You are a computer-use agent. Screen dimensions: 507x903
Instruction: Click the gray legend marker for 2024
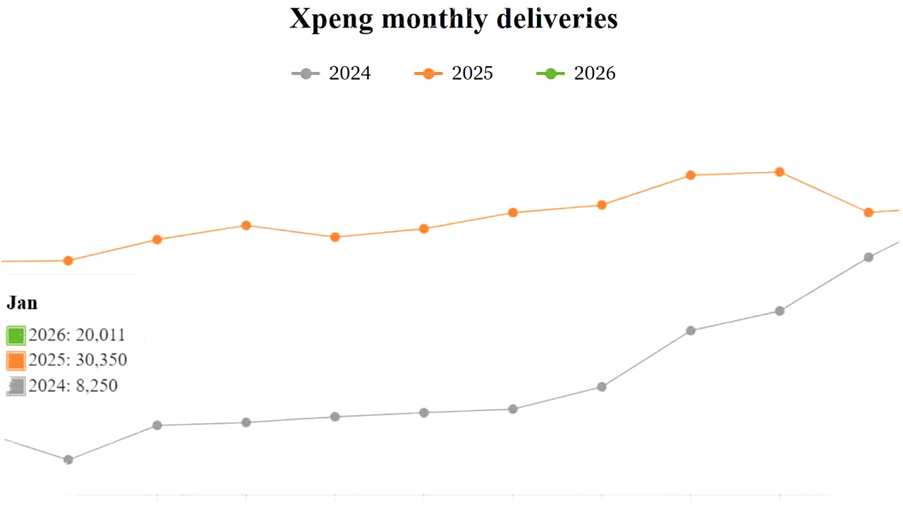coord(305,73)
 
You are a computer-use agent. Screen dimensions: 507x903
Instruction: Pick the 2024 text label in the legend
coord(350,73)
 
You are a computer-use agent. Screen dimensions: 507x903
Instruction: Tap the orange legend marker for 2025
coord(428,73)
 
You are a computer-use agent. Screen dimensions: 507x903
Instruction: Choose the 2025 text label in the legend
coord(473,73)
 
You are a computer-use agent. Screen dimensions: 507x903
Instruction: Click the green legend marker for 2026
coord(551,73)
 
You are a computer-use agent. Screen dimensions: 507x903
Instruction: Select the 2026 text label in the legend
coord(595,73)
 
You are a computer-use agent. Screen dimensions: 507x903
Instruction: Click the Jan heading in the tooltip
coord(22,303)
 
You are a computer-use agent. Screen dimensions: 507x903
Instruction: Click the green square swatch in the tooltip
coord(16,335)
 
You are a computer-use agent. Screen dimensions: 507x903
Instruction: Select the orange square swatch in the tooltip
coord(16,361)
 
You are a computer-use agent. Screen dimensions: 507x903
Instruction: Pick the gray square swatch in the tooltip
coord(16,386)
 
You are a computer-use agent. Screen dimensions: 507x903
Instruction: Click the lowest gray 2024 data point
coord(68,460)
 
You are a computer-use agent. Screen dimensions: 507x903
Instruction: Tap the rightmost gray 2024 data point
coord(868,257)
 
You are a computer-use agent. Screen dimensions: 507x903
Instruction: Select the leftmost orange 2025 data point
coord(68,261)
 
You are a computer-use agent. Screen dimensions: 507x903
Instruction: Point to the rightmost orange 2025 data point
coord(868,212)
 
